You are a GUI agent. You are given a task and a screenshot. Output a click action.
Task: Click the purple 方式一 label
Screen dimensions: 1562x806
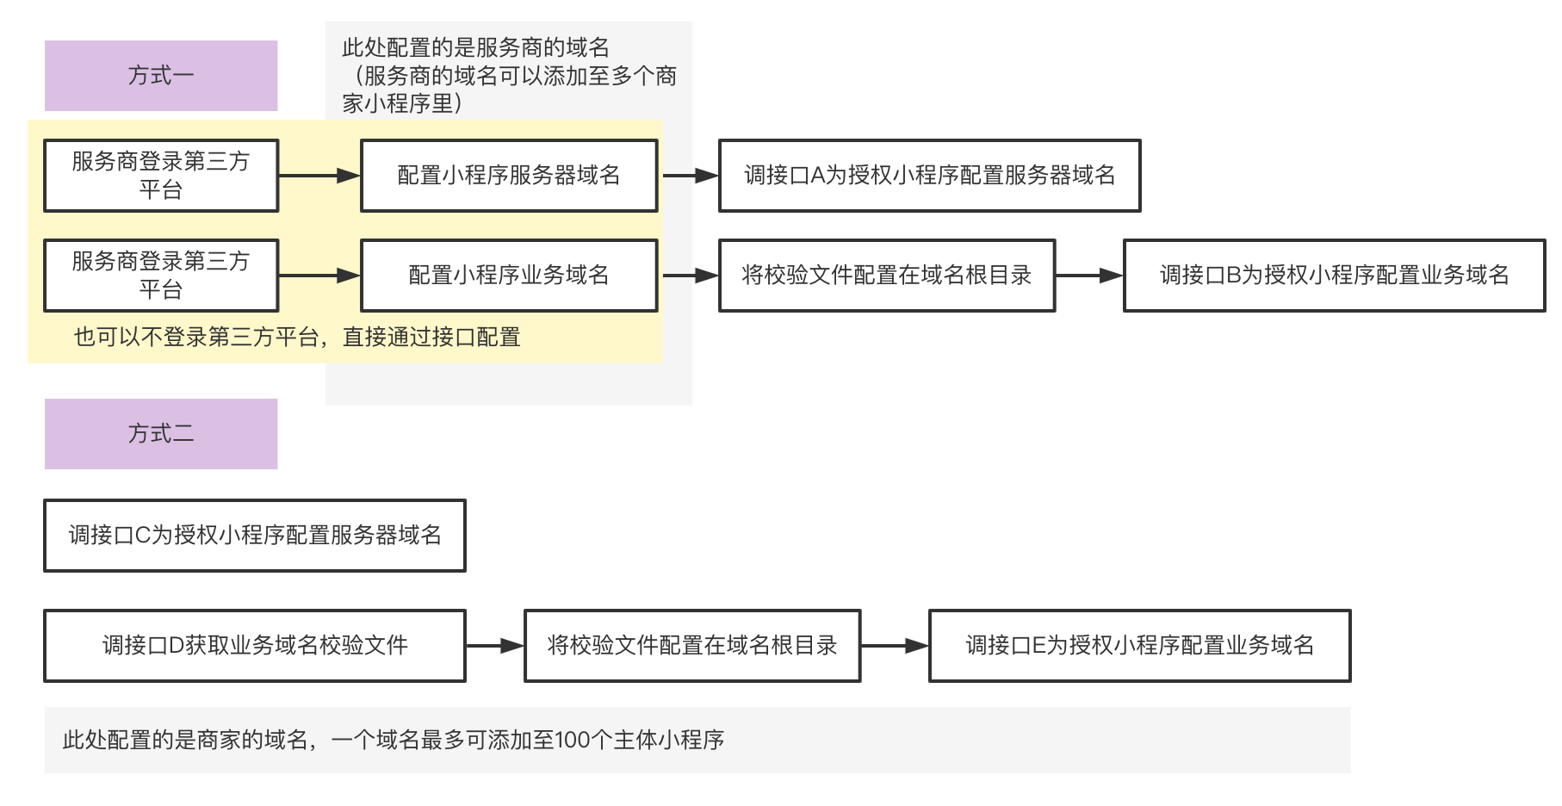(161, 76)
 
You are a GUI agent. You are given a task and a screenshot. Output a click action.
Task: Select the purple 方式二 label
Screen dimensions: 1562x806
(161, 434)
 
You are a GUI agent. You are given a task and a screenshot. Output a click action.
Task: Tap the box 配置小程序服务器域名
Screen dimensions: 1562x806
(509, 176)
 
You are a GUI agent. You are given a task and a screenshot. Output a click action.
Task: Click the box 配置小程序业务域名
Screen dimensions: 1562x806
(509, 276)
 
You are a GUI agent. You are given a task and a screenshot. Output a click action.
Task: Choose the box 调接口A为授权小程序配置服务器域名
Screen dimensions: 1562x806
(930, 176)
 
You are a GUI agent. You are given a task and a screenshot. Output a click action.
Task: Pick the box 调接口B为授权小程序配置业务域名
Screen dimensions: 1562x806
(1335, 276)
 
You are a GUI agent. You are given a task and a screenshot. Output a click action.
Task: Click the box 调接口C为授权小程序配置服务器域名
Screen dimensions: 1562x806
(255, 536)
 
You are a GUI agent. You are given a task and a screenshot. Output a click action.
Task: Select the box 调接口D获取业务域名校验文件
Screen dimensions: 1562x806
(255, 646)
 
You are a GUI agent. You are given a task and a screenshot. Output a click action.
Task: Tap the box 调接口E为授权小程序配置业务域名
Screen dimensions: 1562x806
(1140, 646)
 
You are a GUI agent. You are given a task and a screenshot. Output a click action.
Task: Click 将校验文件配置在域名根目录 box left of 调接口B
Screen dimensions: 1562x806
(887, 276)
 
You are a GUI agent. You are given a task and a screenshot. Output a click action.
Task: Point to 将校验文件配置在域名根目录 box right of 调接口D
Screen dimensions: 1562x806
(692, 646)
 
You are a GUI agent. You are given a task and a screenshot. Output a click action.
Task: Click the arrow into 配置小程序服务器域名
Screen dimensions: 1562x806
(319, 176)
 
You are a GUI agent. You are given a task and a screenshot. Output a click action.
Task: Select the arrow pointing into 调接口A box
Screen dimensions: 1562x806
(691, 176)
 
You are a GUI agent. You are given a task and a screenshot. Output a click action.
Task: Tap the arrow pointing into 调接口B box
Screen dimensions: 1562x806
(1089, 276)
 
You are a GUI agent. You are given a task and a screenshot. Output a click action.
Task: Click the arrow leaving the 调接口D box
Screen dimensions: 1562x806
(495, 646)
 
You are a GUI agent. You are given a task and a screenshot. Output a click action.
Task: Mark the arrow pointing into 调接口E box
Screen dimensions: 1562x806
(895, 646)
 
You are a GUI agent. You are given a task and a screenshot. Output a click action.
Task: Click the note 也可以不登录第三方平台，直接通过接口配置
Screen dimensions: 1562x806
(297, 337)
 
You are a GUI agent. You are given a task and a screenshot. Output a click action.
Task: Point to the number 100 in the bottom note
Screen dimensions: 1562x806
(572, 740)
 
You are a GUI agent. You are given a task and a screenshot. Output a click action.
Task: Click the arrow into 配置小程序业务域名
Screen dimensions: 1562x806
(319, 276)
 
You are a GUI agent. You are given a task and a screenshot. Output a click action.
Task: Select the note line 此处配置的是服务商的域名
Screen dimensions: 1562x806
(476, 47)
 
